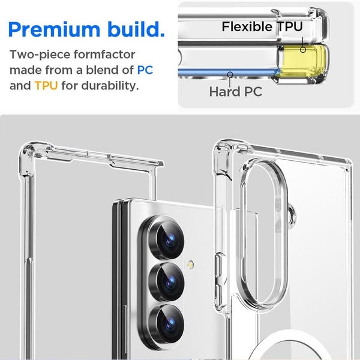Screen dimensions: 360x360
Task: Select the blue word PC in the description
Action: [145, 70]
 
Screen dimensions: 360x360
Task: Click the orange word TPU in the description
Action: [46, 85]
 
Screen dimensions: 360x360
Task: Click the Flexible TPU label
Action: [262, 27]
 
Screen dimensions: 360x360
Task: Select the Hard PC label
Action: [236, 92]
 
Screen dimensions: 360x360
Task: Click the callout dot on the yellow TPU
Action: [303, 49]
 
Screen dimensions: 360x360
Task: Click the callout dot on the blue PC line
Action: [231, 74]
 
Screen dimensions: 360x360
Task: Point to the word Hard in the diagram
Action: [222, 92]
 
